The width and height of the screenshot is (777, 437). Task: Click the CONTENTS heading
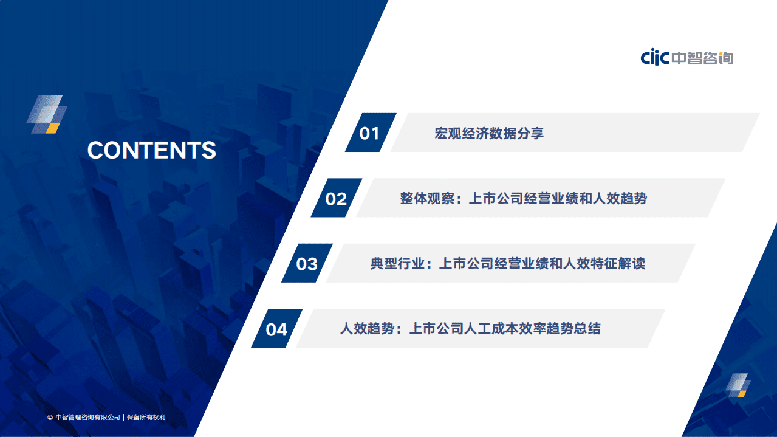click(151, 150)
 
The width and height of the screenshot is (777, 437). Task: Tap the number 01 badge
click(369, 133)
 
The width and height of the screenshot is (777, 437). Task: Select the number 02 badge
click(336, 199)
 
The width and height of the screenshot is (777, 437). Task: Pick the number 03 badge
click(307, 264)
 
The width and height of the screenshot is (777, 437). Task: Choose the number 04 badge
click(276, 329)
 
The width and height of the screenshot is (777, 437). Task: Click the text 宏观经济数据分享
click(489, 133)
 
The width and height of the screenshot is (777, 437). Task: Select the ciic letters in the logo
click(655, 58)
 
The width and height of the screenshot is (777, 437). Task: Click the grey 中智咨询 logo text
click(702, 58)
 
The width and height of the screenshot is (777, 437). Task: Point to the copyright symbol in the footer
click(50, 418)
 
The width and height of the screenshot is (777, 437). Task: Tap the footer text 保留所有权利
click(146, 418)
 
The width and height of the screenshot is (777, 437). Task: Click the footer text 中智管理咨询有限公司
click(87, 418)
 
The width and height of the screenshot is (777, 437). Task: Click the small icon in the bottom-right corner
click(738, 385)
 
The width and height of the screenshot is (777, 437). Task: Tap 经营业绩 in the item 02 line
click(542, 199)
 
